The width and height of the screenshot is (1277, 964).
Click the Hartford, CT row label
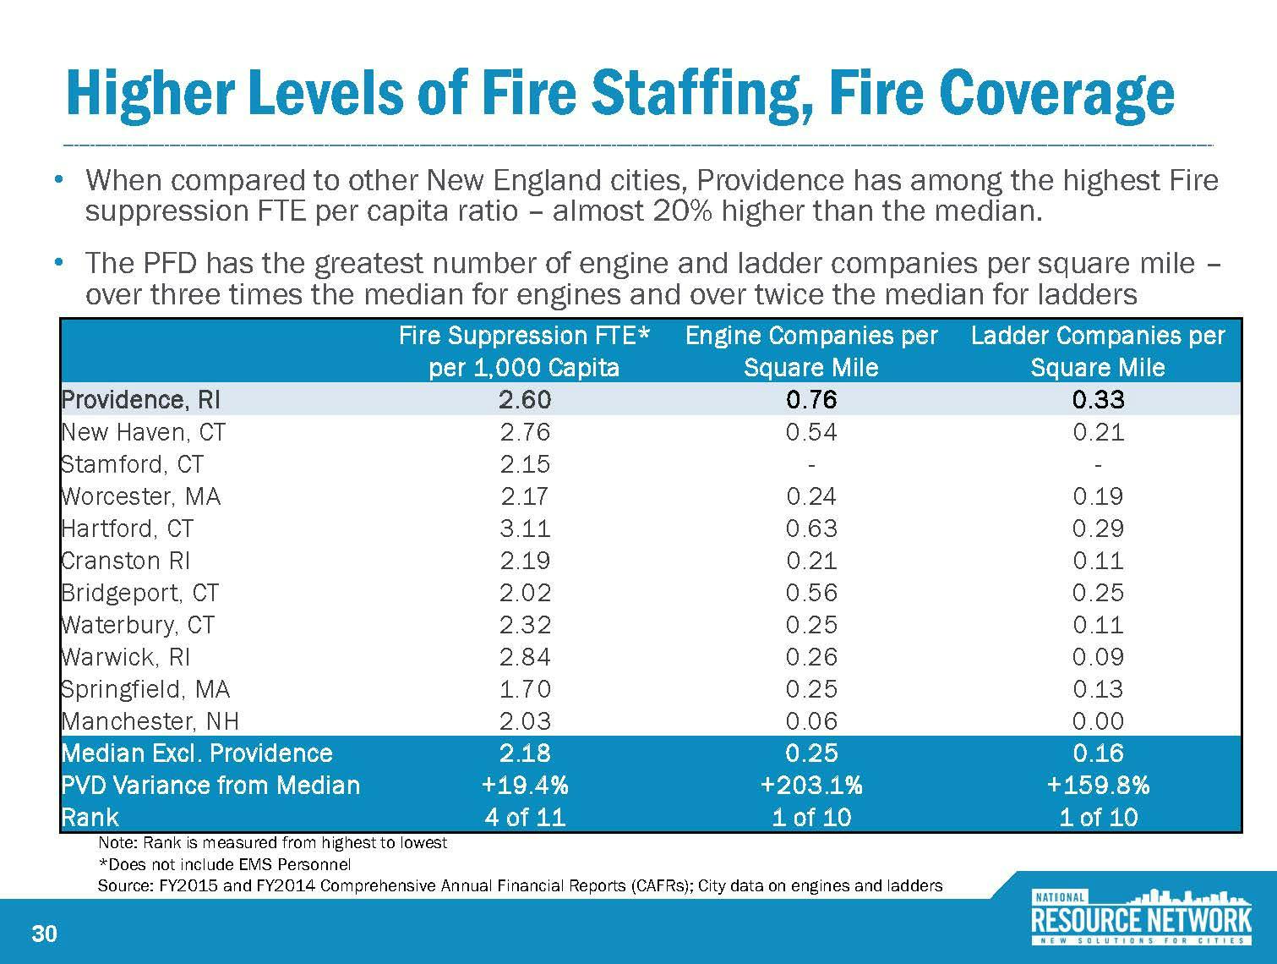coord(128,529)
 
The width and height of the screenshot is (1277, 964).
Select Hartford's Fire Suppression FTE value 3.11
coord(525,529)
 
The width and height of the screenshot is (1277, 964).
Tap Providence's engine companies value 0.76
coord(811,399)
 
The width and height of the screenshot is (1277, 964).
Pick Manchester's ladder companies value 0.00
coord(1098,721)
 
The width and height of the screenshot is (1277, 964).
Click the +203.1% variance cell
coord(811,786)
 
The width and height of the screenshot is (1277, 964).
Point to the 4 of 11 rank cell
coord(525,818)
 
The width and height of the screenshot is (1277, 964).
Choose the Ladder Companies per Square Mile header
coord(1098,351)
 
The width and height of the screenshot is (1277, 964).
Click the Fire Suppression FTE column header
coord(525,351)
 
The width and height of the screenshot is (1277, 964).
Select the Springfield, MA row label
coord(145,689)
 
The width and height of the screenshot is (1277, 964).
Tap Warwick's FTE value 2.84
coord(525,657)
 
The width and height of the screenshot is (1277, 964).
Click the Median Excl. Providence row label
coord(197,753)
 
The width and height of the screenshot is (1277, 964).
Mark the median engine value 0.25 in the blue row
coord(811,753)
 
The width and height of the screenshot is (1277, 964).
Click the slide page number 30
coord(44,934)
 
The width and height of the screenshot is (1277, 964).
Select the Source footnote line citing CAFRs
coord(520,886)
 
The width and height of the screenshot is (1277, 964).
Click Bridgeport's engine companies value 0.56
coord(811,593)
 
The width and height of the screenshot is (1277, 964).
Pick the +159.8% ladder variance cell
coord(1098,786)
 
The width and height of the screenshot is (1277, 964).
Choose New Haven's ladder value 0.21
coord(1098,432)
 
